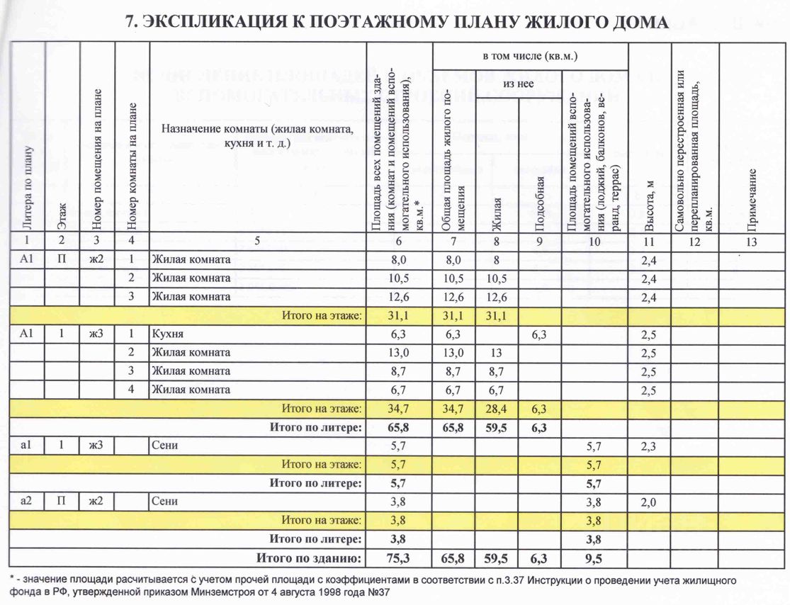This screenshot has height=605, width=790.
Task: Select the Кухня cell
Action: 168,334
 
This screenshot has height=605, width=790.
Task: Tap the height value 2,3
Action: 649,446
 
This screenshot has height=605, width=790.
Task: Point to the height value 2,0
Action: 649,502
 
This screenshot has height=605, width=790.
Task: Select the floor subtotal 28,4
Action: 496,409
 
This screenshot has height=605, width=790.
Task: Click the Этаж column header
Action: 63,213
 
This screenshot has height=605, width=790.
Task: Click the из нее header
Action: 519,84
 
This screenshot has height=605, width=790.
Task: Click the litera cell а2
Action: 28,502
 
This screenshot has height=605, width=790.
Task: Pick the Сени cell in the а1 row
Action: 164,446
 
